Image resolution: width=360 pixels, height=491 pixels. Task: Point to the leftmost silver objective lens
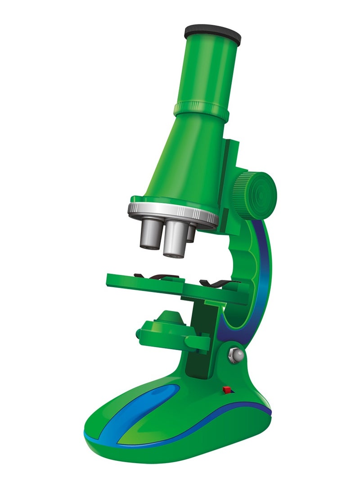point(150,234)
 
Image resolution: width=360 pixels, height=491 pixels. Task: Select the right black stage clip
point(218,283)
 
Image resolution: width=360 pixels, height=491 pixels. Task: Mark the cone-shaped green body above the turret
point(189,162)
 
